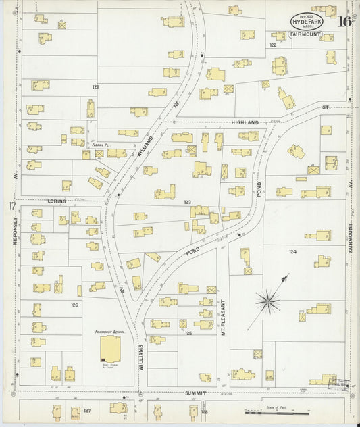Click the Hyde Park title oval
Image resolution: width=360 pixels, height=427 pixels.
tap(308, 22)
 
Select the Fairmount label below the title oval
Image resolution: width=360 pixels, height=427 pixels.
tap(307, 34)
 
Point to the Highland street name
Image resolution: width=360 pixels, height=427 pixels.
tap(245, 122)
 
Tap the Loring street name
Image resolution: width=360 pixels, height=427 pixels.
tap(55, 201)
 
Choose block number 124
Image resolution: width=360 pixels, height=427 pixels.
tap(292, 252)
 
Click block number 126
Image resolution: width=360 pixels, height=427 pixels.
tap(74, 305)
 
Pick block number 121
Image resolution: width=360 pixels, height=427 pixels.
tap(95, 87)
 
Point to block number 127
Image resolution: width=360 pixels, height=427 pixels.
tap(87, 410)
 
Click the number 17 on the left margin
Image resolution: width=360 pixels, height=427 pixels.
tap(11, 207)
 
